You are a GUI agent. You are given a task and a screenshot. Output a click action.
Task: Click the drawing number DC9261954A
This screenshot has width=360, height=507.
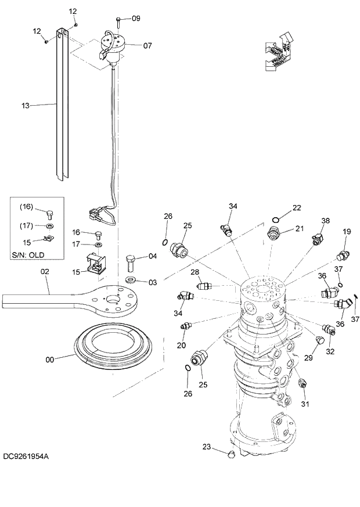tap(26, 456)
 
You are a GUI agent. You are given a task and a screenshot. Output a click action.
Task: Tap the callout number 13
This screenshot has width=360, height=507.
tap(25, 106)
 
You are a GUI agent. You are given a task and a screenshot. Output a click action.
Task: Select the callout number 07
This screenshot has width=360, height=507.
tap(131, 45)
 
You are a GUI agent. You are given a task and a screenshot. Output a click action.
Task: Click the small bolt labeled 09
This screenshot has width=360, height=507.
tap(118, 21)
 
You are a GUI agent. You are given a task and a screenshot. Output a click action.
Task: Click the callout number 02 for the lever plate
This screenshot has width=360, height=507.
tap(44, 272)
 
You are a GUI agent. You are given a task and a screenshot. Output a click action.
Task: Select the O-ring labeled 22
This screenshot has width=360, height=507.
tap(275, 220)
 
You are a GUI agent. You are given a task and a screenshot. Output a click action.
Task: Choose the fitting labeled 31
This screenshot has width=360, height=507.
tap(302, 384)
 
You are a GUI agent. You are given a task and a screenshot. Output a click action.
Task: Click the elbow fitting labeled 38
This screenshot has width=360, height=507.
tap(316, 238)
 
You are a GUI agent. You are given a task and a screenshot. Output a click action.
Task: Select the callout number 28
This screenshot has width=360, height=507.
tap(195, 272)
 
